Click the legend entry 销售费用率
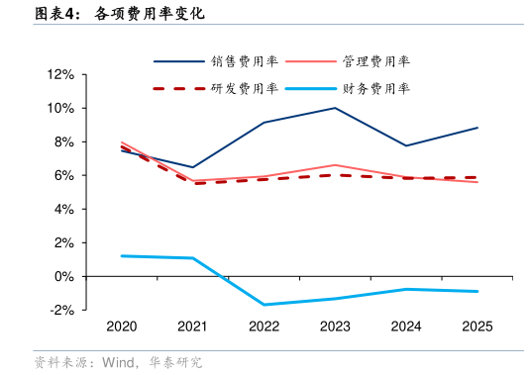click(x=244, y=60)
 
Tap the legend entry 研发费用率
click(x=244, y=89)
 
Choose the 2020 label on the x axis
click(x=121, y=327)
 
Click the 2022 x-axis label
click(x=264, y=327)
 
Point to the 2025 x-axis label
click(x=477, y=327)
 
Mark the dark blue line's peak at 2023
click(x=335, y=108)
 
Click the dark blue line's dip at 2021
click(x=192, y=167)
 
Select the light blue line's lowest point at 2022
click(x=264, y=305)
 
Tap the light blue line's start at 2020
click(x=121, y=256)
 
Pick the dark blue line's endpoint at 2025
click(x=477, y=128)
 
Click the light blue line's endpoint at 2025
click(x=477, y=292)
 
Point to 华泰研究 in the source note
click(x=176, y=362)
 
